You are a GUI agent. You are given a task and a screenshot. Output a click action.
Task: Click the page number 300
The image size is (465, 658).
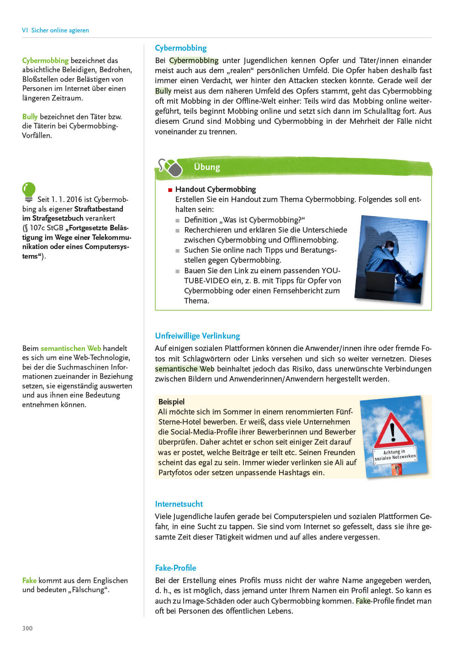pos(27,628)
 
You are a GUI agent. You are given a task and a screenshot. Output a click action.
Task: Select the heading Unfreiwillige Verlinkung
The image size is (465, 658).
pos(197,336)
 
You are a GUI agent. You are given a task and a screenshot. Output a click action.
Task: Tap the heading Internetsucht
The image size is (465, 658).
pos(179,504)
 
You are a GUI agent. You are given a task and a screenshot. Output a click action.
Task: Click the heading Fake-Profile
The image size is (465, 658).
pos(175,568)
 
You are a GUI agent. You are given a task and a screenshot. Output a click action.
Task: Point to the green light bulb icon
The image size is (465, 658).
pos(28,191)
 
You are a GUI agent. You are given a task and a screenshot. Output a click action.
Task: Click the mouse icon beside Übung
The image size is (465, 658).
pos(171,168)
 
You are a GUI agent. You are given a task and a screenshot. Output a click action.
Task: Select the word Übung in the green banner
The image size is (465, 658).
pos(207,167)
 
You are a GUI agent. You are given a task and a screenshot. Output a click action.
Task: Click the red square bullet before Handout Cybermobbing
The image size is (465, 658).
pos(170,190)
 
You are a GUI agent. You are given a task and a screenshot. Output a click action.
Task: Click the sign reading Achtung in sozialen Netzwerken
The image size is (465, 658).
pos(395,455)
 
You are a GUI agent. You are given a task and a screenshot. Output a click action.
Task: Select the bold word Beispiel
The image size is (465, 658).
pos(171,402)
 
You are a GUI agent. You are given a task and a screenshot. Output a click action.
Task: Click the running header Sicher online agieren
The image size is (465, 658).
pos(60,30)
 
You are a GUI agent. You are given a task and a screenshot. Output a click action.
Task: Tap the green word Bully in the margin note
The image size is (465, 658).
pos(30,117)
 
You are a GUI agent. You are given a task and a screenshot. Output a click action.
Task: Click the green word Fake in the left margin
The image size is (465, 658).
pos(29,580)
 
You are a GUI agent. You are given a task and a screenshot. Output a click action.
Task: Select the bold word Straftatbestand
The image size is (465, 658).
pos(99,209)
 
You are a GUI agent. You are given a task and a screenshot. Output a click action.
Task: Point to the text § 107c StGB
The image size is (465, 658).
pos(43,228)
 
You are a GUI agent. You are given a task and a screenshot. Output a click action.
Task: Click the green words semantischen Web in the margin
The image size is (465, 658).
pos(71,348)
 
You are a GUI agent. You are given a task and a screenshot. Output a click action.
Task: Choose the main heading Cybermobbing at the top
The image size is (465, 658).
pos(180,48)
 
